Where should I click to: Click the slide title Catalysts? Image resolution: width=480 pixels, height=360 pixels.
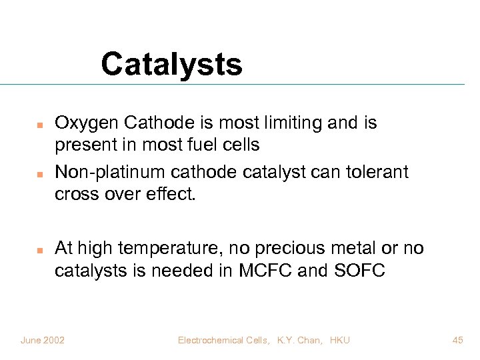click(x=171, y=65)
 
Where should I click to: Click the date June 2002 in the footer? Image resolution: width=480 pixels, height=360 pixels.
click(x=43, y=340)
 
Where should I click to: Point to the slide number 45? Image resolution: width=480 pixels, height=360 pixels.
click(x=457, y=340)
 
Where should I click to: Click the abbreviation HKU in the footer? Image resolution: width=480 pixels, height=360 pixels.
click(x=339, y=340)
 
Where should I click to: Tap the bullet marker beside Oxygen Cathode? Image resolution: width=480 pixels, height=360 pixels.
click(x=39, y=125)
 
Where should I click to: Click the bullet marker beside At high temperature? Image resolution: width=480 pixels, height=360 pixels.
click(x=39, y=250)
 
